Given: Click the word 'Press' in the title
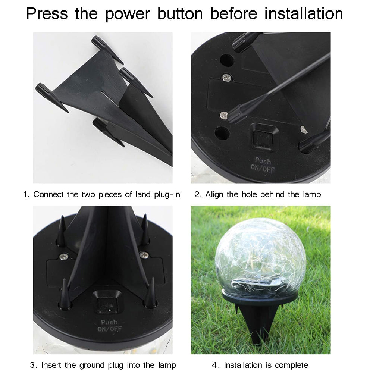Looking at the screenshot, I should (47, 13).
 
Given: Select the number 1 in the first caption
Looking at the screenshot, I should (26, 195).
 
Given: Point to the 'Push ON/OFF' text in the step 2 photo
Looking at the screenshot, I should (263, 164).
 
